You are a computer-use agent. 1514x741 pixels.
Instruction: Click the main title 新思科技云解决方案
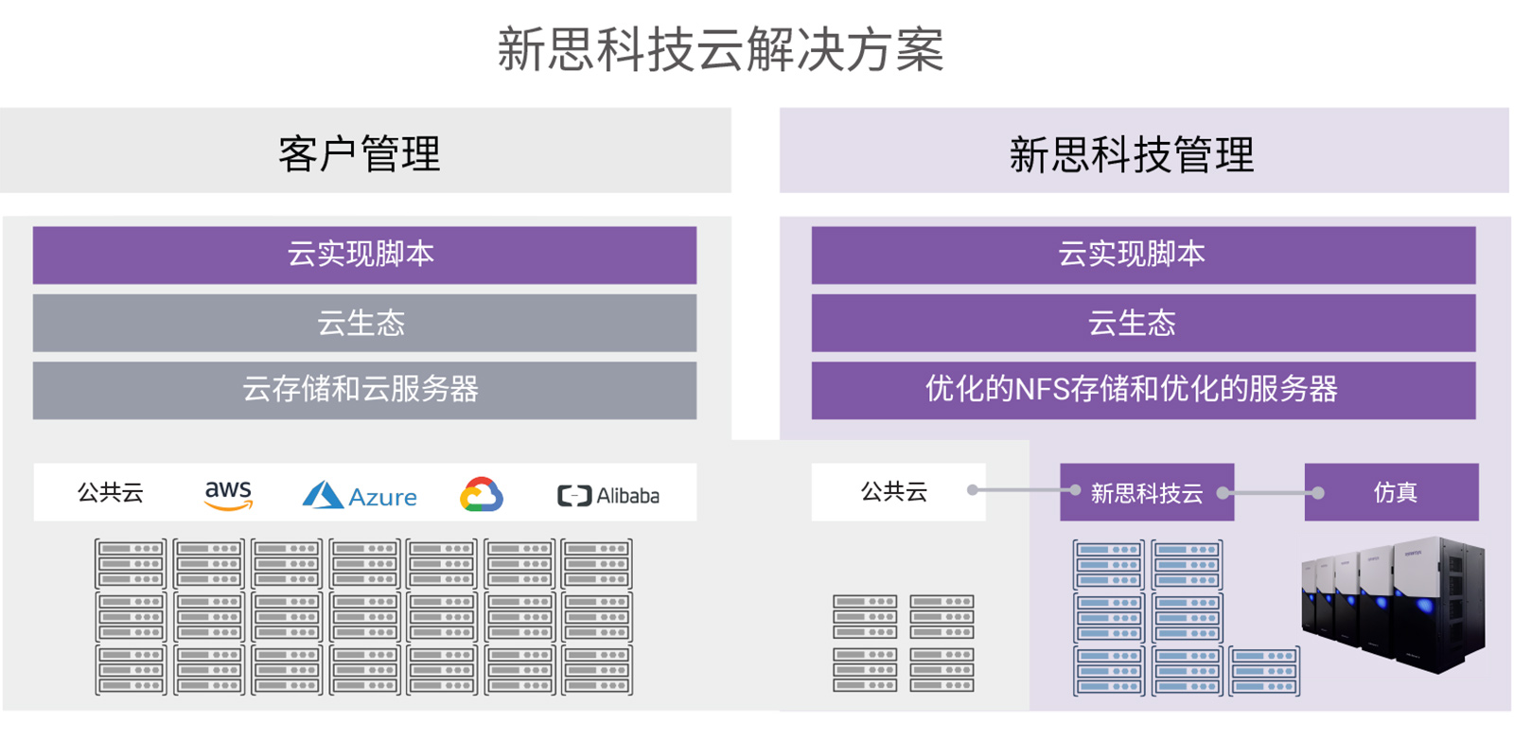click(720, 49)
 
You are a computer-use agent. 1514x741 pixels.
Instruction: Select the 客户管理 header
click(360, 153)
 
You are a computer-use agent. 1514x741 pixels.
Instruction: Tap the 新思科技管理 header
click(1131, 153)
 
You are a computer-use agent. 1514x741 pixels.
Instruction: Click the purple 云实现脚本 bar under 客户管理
click(364, 255)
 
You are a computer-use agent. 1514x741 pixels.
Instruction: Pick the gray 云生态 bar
click(364, 323)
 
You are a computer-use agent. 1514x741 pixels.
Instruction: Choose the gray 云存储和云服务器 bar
click(364, 390)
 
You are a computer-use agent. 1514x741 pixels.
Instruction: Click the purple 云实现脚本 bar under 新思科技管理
click(1142, 255)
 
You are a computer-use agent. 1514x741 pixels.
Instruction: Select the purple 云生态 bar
click(1142, 323)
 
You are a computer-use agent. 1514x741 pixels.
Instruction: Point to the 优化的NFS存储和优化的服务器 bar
click(1142, 390)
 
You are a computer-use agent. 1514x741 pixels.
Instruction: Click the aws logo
click(228, 494)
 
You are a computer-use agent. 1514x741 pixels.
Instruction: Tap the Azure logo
click(360, 496)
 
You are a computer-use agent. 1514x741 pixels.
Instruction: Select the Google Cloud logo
click(482, 495)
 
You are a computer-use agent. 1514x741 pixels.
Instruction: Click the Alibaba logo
click(608, 496)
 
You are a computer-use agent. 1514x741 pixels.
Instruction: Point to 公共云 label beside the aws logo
click(111, 492)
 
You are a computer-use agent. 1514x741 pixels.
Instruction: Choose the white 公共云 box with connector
click(895, 492)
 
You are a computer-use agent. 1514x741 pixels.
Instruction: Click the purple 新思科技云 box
click(1146, 493)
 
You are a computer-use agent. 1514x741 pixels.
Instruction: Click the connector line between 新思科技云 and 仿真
click(1270, 493)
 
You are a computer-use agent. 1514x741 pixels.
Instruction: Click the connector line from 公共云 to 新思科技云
click(1023, 490)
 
